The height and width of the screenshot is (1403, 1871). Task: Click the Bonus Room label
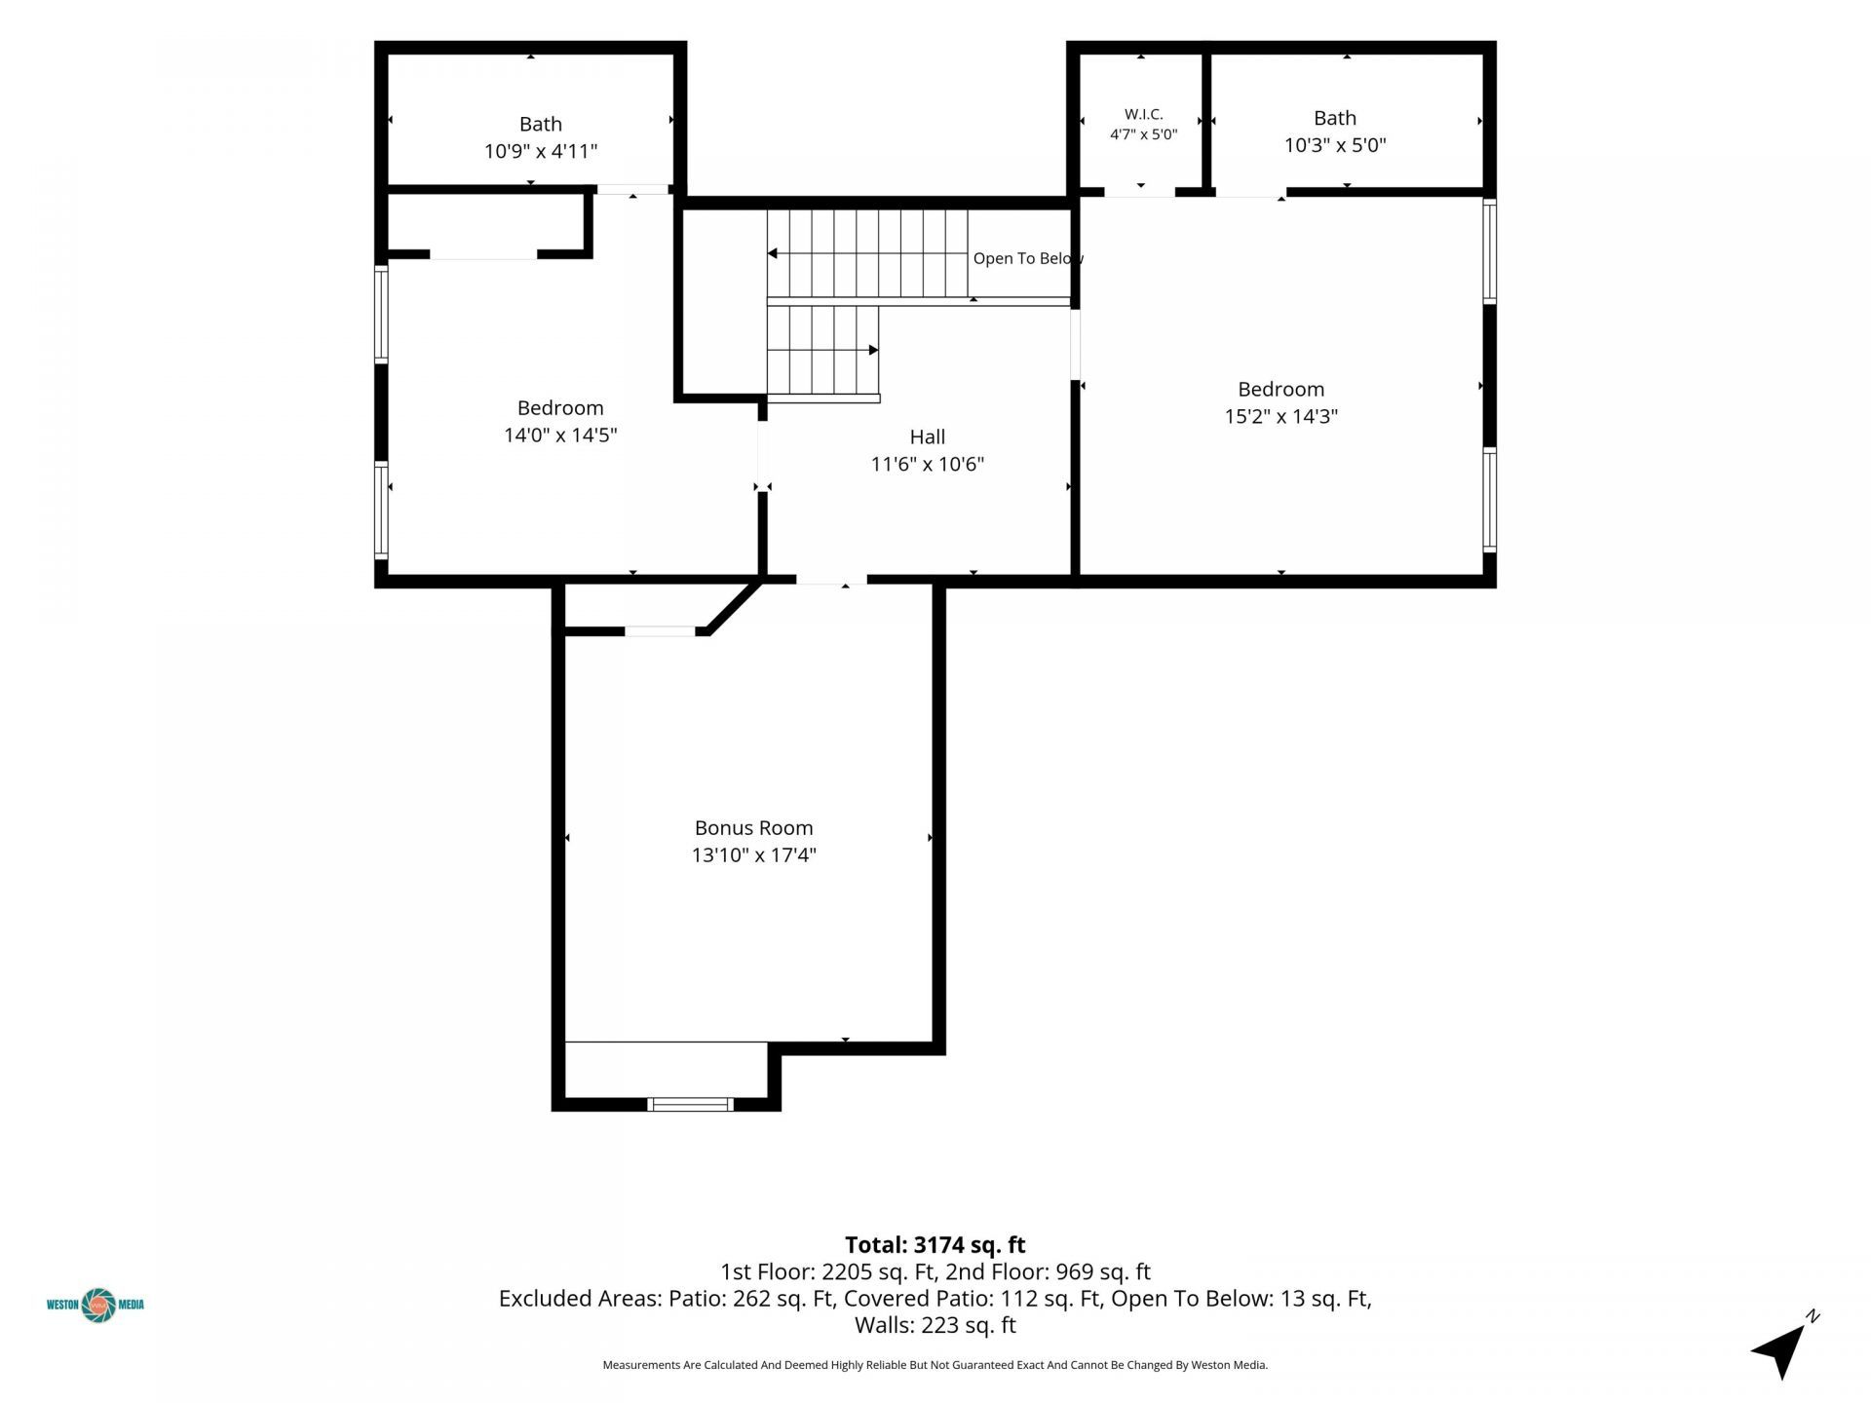[x=753, y=828]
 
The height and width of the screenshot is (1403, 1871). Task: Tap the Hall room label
[x=928, y=437]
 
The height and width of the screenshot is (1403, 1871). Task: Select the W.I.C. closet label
[x=1144, y=114]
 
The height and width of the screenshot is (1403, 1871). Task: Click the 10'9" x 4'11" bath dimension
[x=541, y=152]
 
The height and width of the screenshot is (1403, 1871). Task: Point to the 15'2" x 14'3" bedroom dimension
[x=1281, y=417]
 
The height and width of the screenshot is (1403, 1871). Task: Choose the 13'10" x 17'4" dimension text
[x=754, y=855]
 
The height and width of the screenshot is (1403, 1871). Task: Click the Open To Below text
[x=1028, y=258]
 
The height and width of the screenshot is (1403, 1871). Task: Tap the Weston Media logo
[x=95, y=1305]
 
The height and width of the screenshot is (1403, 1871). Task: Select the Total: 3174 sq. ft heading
[x=935, y=1245]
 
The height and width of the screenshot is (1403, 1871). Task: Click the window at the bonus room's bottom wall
[x=691, y=1104]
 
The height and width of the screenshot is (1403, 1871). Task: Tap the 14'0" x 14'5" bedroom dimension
[x=560, y=436]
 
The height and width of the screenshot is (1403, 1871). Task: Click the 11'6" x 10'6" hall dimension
[x=928, y=465]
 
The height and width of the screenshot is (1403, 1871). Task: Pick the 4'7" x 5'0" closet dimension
[x=1144, y=134]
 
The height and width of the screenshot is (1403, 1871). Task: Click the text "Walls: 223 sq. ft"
[x=935, y=1325]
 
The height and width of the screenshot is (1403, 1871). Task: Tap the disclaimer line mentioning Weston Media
[x=935, y=1365]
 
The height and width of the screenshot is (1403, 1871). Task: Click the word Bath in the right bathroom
[x=1335, y=119]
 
